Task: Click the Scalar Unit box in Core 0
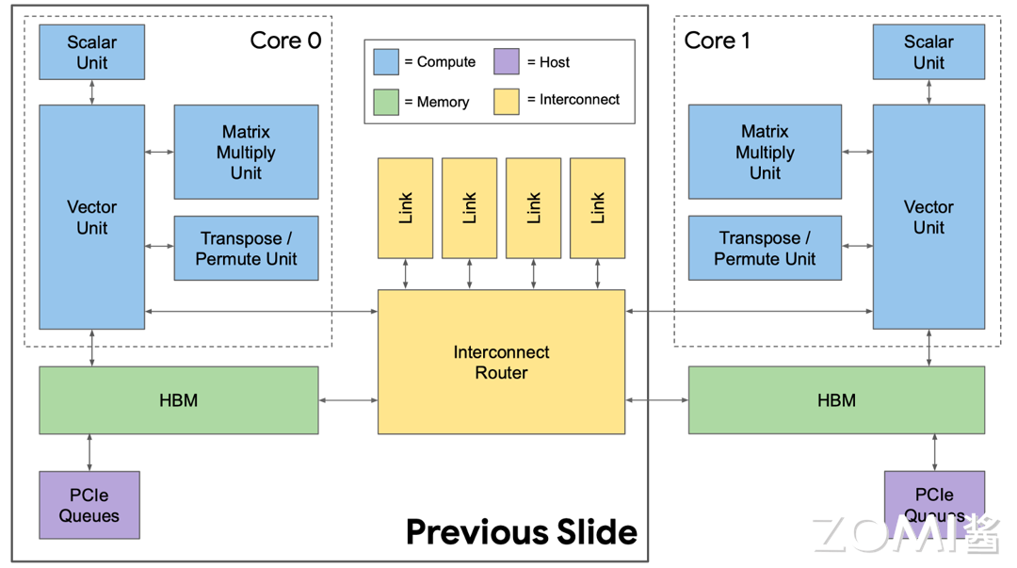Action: coord(91,52)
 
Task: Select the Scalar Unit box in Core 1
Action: coord(928,52)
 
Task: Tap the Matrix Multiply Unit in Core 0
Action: coord(246,152)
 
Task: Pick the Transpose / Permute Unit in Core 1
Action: coord(765,248)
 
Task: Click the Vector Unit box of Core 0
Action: coord(91,217)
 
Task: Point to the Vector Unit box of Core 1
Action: coord(928,217)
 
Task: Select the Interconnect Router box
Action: coord(501,362)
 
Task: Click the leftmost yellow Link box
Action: coord(405,207)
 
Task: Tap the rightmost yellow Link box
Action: coord(597,207)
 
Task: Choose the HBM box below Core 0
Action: coord(178,400)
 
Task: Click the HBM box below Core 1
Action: coord(836,400)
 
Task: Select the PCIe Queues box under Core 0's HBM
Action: coord(89,505)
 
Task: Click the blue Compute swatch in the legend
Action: coord(386,62)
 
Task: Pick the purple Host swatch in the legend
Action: coord(507,62)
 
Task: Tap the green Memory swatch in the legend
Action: coord(386,102)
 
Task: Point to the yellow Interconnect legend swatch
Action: coord(507,101)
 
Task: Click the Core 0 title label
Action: coord(285,41)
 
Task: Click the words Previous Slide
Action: coord(521,532)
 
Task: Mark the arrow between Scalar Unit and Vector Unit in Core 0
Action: coord(91,92)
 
